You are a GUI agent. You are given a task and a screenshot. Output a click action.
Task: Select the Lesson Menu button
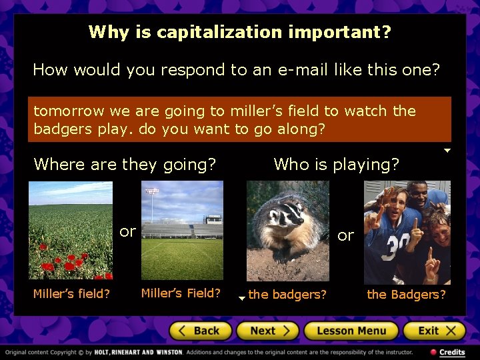(351, 331)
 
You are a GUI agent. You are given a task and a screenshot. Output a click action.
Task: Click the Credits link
(451, 352)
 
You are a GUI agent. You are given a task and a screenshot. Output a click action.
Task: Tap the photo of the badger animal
(288, 231)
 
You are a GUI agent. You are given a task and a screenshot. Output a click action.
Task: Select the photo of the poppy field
(70, 230)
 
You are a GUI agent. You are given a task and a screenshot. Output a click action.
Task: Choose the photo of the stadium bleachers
(182, 230)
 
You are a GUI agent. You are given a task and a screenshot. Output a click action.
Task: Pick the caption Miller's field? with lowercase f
(72, 294)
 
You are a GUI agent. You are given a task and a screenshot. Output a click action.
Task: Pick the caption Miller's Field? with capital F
(181, 293)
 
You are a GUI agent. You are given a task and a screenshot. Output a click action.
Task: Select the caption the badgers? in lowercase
(287, 295)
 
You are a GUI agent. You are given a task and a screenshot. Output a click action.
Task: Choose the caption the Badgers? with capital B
(407, 294)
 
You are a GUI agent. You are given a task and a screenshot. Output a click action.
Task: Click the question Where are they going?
(125, 164)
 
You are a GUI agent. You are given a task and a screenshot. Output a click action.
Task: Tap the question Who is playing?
(336, 164)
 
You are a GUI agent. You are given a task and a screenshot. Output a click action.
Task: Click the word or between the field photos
(127, 232)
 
